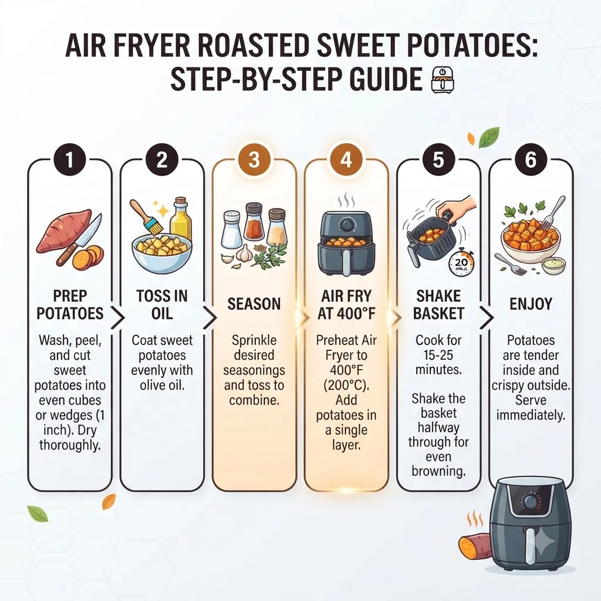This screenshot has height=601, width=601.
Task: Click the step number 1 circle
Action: pyautogui.click(x=70, y=160)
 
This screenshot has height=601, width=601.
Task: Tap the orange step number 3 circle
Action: pyautogui.click(x=254, y=160)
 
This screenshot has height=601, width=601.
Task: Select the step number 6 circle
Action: pyautogui.click(x=531, y=160)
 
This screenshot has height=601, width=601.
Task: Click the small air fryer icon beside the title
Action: pyautogui.click(x=442, y=80)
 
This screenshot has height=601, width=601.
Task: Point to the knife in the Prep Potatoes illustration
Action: pyautogui.click(x=79, y=240)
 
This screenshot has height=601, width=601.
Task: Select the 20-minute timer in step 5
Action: pyautogui.click(x=461, y=263)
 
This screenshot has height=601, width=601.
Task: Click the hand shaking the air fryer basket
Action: pyautogui.click(x=457, y=209)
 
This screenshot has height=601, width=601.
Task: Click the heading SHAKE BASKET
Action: pyautogui.click(x=438, y=305)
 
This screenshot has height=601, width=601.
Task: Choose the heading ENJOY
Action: pyautogui.click(x=531, y=304)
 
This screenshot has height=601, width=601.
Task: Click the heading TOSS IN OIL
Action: pyautogui.click(x=162, y=305)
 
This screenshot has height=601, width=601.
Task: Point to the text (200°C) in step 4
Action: pyautogui.click(x=346, y=385)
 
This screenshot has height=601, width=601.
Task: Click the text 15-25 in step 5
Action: pyautogui.click(x=438, y=355)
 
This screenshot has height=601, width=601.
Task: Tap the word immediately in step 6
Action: pyautogui.click(x=531, y=415)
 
